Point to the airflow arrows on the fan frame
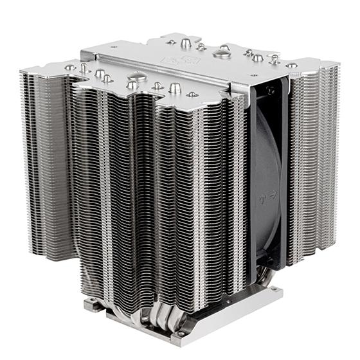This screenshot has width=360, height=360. [x=272, y=190]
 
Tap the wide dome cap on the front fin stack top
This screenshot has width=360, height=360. [x=133, y=84]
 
